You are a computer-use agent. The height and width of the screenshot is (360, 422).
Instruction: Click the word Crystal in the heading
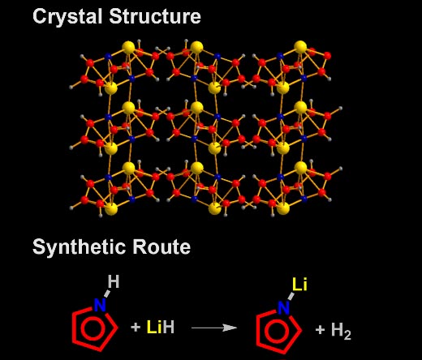pyautogui.click(x=68, y=17)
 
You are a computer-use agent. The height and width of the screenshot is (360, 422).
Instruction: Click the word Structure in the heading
pyautogui.click(x=155, y=16)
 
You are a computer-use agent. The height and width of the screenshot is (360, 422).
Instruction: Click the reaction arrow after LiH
pyautogui.click(x=214, y=328)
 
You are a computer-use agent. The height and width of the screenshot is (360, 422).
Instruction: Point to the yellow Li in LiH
pyautogui.click(x=154, y=327)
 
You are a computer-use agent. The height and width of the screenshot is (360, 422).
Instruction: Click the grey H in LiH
pyautogui.click(x=169, y=327)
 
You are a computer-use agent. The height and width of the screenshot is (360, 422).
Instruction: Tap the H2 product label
pyautogui.click(x=341, y=331)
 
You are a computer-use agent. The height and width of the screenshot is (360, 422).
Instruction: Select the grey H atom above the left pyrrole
pyautogui.click(x=114, y=281)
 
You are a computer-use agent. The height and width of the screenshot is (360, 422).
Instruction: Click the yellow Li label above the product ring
pyautogui.click(x=299, y=285)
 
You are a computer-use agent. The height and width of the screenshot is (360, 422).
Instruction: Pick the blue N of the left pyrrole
pyautogui.click(x=100, y=306)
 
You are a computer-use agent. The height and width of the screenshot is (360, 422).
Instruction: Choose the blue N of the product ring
pyautogui.click(x=284, y=308)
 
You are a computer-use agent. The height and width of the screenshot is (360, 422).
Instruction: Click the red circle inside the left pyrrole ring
pyautogui.click(x=81, y=328)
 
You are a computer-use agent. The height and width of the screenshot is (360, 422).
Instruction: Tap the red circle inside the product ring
pyautogui.click(x=265, y=331)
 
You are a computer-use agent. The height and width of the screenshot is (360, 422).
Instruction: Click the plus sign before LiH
pyautogui.click(x=136, y=328)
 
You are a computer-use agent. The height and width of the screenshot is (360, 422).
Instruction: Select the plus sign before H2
pyautogui.click(x=320, y=330)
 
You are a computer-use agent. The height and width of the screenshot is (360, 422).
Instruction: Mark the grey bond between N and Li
pyautogui.click(x=291, y=296)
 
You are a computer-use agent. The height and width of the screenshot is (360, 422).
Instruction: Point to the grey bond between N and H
pyautogui.click(x=107, y=294)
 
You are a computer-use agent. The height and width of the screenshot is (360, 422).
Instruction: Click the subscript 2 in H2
pyautogui.click(x=347, y=335)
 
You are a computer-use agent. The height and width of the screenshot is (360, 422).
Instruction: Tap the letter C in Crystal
pyautogui.click(x=40, y=16)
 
